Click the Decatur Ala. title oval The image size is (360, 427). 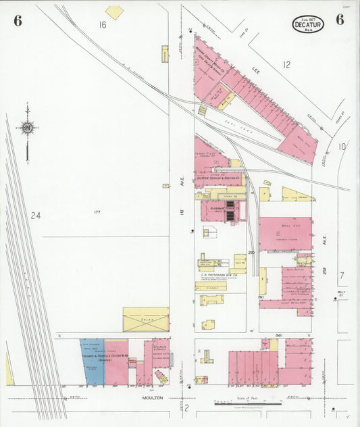309,24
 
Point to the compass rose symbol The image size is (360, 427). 27,127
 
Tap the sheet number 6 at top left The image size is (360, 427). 17,20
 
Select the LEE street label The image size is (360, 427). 256,69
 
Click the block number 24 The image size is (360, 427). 36,216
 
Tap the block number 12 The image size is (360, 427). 286,65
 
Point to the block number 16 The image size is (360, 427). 103,25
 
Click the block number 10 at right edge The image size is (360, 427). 342,146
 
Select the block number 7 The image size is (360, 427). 342,275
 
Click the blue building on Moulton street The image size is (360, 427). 92,361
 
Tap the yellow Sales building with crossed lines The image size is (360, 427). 145,320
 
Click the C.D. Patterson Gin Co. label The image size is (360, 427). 219,275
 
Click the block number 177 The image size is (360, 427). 97,212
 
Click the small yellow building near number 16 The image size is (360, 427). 115,12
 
